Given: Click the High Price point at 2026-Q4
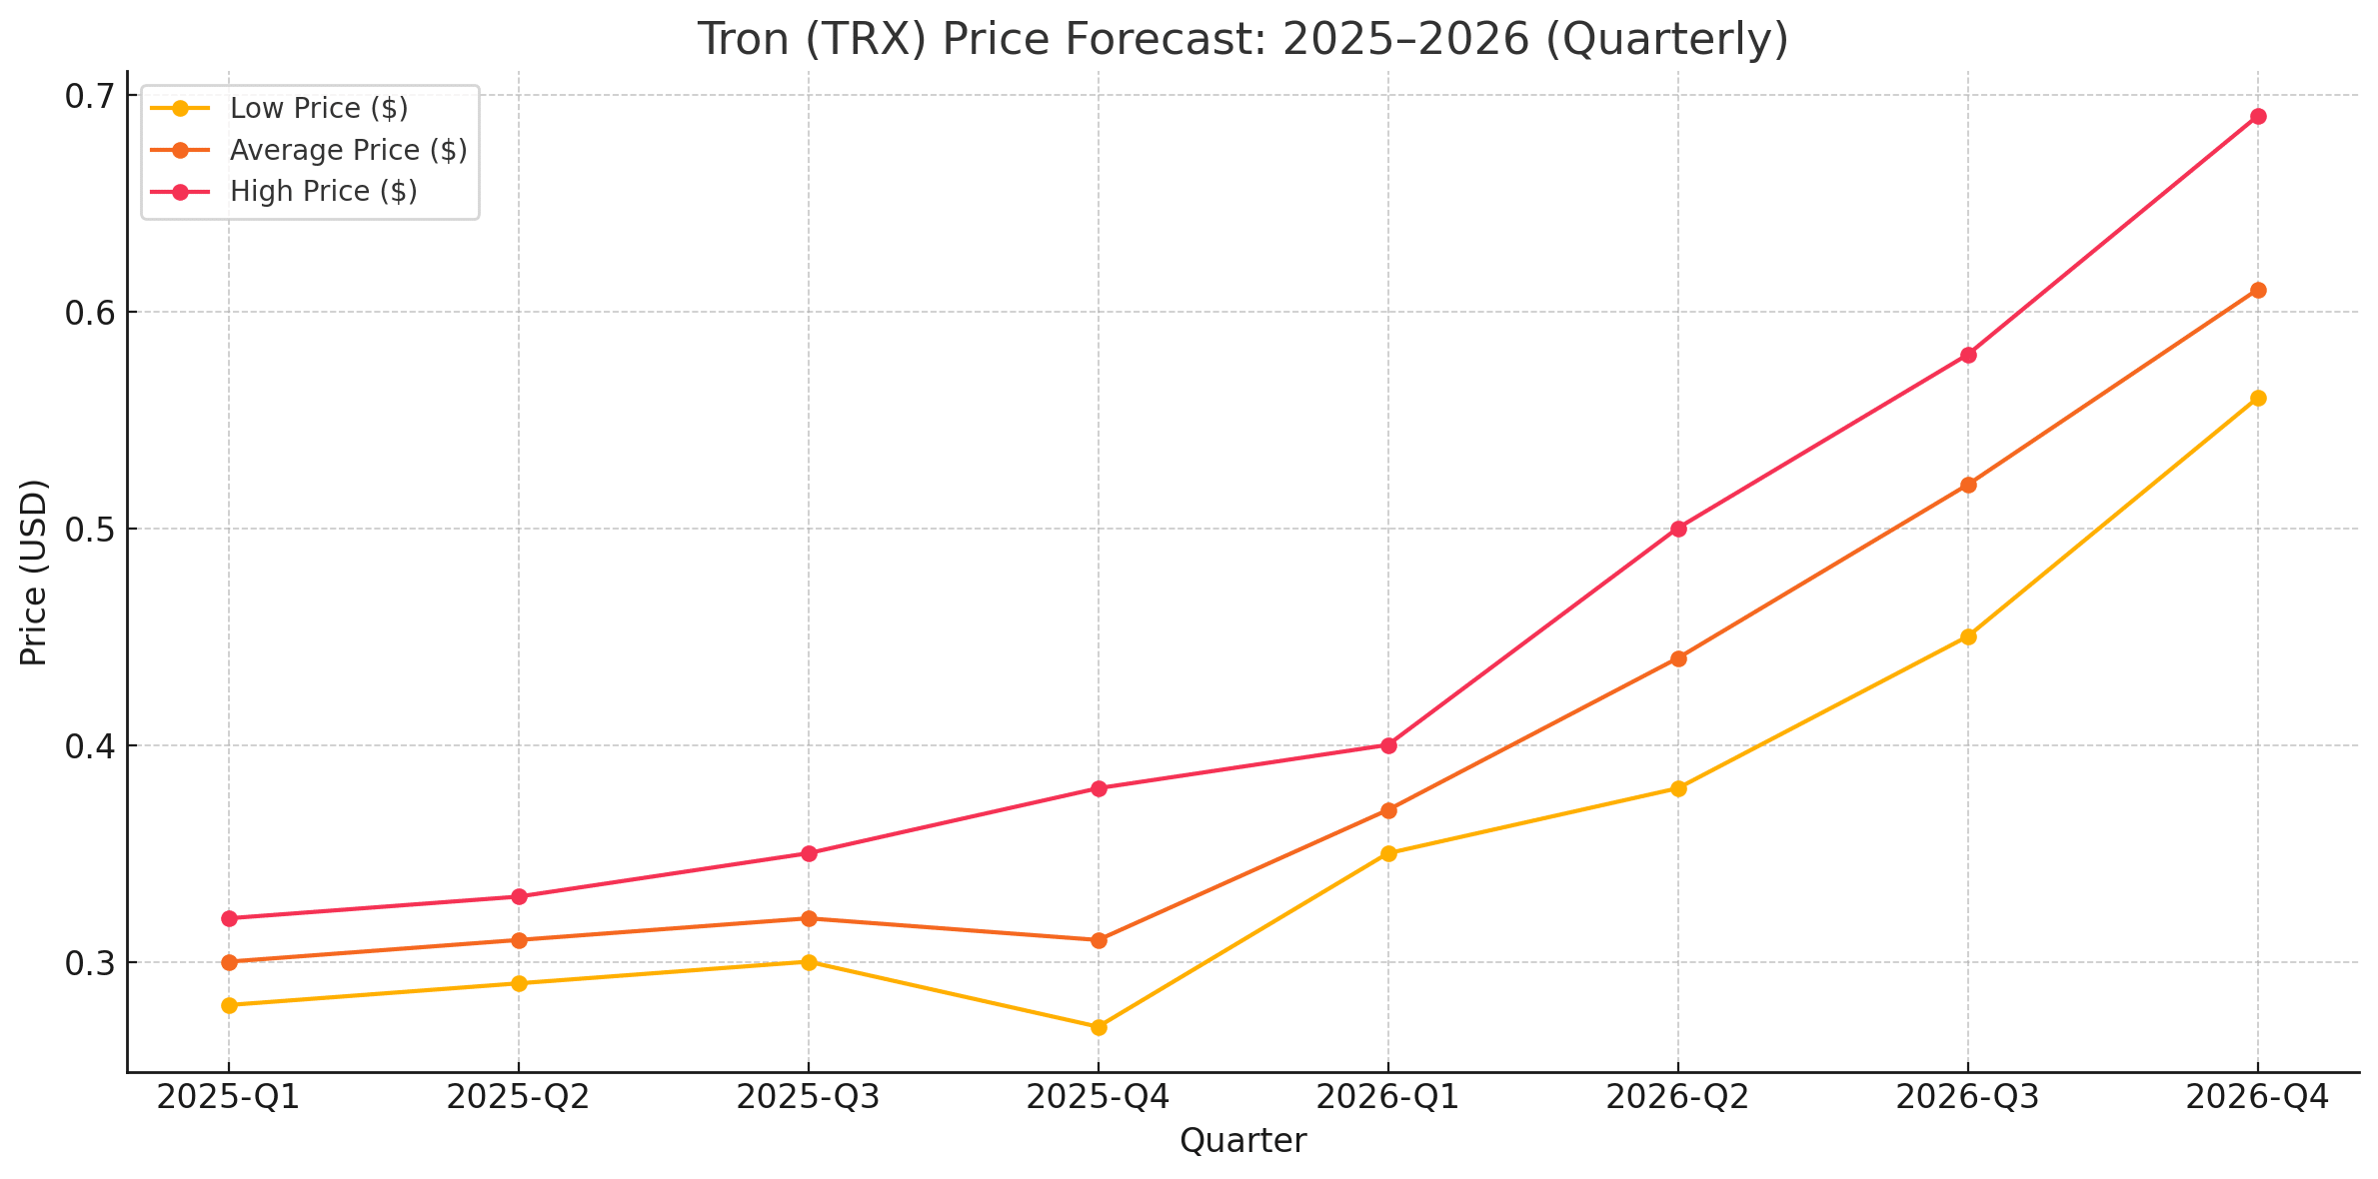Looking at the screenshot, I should [2257, 117].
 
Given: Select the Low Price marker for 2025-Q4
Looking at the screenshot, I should [1099, 1027].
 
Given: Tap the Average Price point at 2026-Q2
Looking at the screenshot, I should [1678, 658].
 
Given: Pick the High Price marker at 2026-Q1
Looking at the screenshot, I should [1388, 745].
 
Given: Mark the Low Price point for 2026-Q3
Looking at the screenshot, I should [1968, 636].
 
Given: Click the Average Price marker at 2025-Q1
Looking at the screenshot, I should [229, 962].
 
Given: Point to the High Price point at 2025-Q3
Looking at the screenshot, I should [809, 853].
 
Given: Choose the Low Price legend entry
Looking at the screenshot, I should [318, 108].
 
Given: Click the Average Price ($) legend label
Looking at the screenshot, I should [348, 150].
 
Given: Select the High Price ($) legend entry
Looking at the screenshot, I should [323, 191].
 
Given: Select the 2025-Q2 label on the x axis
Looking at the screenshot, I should [518, 1098].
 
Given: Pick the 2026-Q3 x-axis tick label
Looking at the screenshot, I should [1967, 1098].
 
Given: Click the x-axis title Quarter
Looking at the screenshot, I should [1242, 1141].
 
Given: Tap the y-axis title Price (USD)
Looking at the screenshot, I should [34, 572].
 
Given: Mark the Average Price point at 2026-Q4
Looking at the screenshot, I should [2257, 290].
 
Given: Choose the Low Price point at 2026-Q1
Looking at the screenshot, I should [1388, 853].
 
